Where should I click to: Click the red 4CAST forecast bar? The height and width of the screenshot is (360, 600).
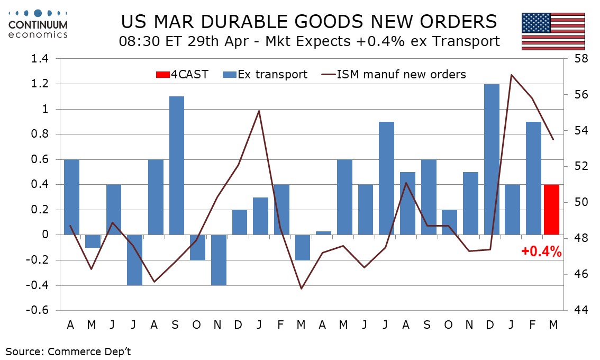point(552,209)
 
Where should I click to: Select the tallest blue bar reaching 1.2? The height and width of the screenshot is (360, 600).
point(492,159)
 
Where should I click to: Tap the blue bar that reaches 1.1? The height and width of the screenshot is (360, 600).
point(177,165)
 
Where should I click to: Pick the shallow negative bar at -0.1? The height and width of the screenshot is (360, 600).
point(92,241)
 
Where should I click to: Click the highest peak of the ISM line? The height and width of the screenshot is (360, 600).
point(511,75)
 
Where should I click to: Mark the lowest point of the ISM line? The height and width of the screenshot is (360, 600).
point(301,289)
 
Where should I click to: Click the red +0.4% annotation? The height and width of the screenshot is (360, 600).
point(541,252)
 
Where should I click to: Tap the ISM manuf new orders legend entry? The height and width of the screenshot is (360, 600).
point(394,75)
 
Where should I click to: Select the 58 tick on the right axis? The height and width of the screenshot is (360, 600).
point(576,59)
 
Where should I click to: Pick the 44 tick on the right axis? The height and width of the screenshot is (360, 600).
point(576,310)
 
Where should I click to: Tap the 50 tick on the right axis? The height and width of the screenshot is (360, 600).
point(576,202)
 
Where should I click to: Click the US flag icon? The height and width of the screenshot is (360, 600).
point(553,31)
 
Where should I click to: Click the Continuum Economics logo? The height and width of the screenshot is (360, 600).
point(38,24)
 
